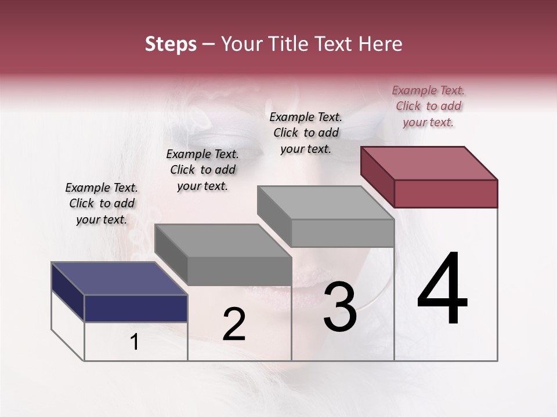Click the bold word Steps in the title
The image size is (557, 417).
(x=171, y=44)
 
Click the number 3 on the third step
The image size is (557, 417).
(x=340, y=306)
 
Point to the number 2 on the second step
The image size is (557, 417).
(x=234, y=324)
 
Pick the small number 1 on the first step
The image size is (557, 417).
(x=135, y=342)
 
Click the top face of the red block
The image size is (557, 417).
(x=429, y=163)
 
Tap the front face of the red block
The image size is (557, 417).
(x=446, y=193)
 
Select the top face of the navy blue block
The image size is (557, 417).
(x=119, y=279)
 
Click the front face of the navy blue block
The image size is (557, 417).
(x=136, y=308)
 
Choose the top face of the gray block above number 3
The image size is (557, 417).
(x=325, y=203)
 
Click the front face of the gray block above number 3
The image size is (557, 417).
(x=342, y=233)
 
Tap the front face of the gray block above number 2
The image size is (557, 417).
(x=239, y=271)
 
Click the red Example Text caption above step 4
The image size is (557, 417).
(x=428, y=106)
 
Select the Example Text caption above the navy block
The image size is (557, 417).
(x=102, y=203)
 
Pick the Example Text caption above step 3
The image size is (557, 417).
(x=306, y=133)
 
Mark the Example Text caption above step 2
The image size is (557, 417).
(x=202, y=170)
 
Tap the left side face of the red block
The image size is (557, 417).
(x=377, y=176)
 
